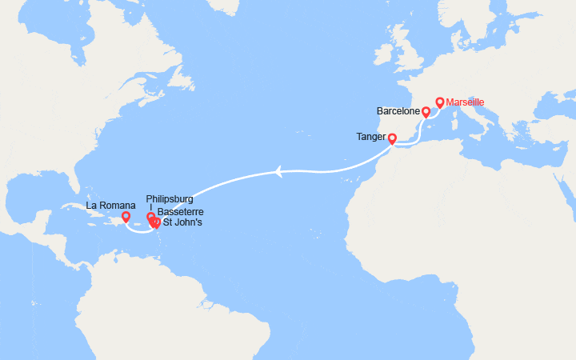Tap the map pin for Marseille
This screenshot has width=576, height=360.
click(440, 102)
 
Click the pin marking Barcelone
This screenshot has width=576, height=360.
click(426, 112)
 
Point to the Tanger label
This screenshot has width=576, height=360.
click(371, 137)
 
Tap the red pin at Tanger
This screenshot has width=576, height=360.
click(392, 138)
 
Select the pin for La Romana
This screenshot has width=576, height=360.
click(126, 216)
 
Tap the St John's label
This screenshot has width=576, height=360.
click(182, 222)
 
